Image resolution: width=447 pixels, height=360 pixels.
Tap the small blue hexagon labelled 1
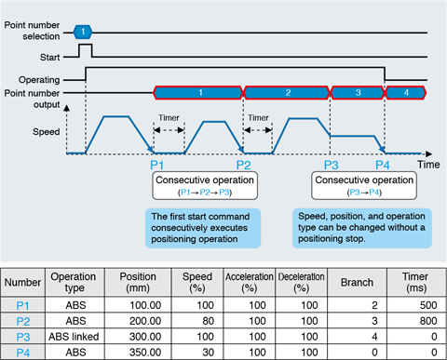tap(84, 31)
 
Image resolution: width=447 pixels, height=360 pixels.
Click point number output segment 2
tap(287, 92)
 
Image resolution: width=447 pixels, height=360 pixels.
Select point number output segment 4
tap(405, 92)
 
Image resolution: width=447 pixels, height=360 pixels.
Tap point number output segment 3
tap(357, 92)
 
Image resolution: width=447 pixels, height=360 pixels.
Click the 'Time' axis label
tap(427, 163)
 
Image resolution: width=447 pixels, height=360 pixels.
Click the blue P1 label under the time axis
tap(157, 165)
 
